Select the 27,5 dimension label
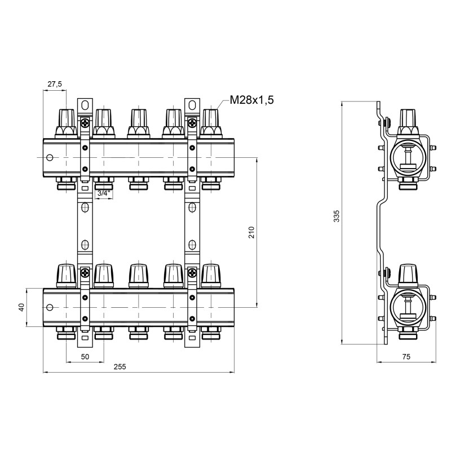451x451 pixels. coord(55,84)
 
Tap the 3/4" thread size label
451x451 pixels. coord(103,193)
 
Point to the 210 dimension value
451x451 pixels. coord(251,232)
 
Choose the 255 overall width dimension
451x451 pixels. coord(120,366)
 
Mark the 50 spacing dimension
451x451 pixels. coord(85,357)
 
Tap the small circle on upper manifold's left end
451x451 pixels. coord(50,158)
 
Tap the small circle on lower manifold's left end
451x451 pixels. coord(50,308)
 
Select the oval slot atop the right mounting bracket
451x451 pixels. coord(192,105)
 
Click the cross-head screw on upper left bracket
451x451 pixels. coord(85,123)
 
